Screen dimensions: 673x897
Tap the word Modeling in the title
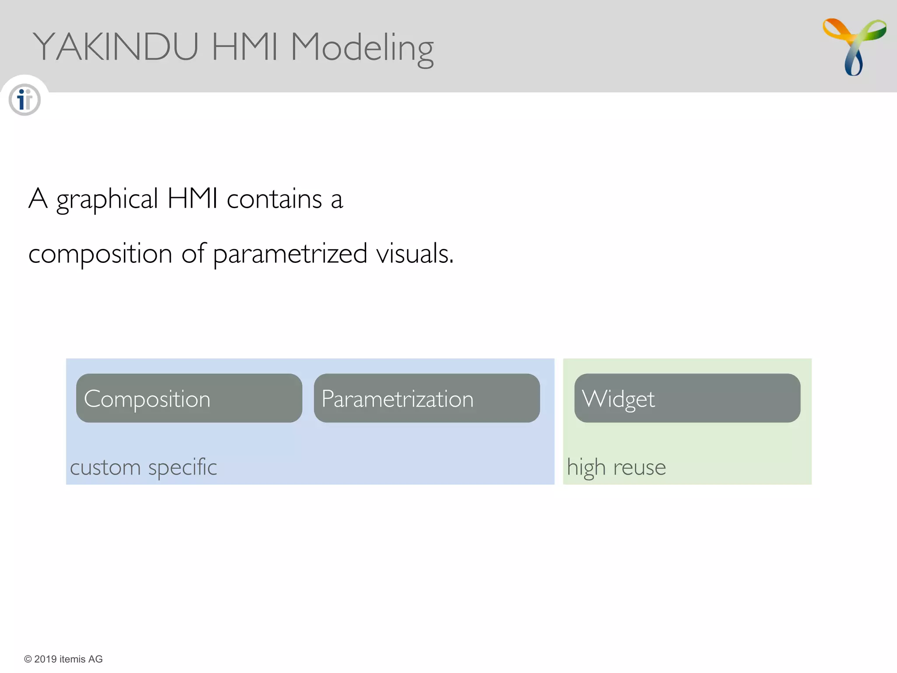(362, 48)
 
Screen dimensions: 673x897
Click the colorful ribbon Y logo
(854, 46)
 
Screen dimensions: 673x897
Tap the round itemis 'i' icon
(25, 100)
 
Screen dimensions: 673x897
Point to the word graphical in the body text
(107, 200)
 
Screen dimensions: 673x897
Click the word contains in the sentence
(274, 199)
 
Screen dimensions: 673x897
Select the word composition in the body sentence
(100, 254)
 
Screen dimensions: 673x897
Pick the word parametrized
(290, 254)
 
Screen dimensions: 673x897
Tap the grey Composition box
(189, 398)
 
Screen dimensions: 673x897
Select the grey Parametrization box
(427, 398)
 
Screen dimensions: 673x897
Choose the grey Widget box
(687, 398)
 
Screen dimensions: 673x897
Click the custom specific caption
(143, 467)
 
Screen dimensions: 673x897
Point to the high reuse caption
(616, 467)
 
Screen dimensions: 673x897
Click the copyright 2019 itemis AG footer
(64, 659)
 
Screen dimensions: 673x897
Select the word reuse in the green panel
(639, 468)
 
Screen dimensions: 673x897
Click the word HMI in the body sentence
(192, 199)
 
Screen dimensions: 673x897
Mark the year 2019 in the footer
(46, 659)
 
